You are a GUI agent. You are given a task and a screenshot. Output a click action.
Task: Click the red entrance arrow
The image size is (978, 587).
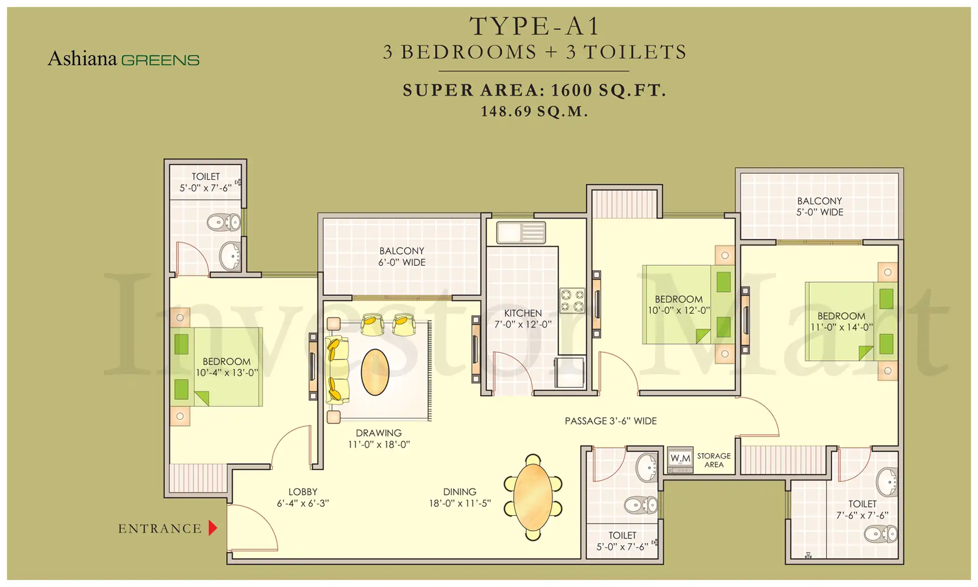coord(212,528)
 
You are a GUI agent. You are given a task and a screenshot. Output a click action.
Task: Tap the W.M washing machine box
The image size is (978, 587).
coord(680,459)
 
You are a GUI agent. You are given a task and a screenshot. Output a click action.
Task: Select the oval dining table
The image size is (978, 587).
coord(533,497)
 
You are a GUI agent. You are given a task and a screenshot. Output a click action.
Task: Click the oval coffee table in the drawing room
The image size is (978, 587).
coord(375,372)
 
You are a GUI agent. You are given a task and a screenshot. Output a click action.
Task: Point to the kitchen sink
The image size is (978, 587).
coord(521,232)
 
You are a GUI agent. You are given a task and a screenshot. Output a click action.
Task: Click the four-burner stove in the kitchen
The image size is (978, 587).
coord(572,300)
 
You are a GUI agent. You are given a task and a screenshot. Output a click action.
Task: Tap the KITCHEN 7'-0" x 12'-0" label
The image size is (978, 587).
coord(523,319)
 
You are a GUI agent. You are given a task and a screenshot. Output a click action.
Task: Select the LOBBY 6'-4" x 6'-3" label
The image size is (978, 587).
coord(303,498)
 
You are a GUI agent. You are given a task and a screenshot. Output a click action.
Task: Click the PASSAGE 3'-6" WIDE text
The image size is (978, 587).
coord(611,421)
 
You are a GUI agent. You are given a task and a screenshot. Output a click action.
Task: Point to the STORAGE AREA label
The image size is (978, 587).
coord(713,460)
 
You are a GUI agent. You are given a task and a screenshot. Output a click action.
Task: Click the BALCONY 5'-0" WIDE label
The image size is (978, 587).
coord(819,206)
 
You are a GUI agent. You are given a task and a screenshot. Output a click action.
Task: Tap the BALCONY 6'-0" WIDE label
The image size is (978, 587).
coord(401,257)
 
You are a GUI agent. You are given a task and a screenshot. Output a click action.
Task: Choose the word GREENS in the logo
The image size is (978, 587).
coord(160,61)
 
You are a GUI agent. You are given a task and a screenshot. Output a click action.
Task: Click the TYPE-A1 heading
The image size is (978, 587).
coord(535,26)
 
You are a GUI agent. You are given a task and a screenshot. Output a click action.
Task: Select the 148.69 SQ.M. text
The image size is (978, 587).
coord(535,111)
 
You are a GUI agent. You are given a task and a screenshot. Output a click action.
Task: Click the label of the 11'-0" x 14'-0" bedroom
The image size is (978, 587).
coord(841,321)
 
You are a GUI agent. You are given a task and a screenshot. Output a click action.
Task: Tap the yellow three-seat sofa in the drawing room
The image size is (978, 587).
coord(337,370)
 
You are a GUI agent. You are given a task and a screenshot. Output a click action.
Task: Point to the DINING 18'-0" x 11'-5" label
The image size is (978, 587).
coord(460,498)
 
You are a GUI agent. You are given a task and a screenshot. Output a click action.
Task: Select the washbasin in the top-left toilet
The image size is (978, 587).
coord(230,256)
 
